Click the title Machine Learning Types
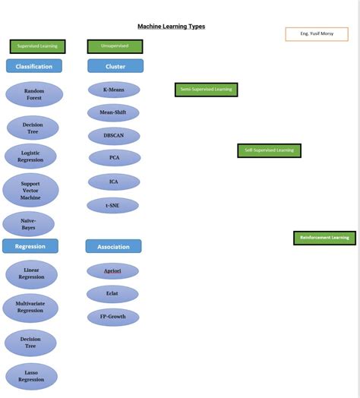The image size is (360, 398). tap(171, 27)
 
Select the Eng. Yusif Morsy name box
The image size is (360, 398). tap(316, 34)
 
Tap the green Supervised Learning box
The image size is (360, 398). tap(37, 46)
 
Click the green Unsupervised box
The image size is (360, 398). tap(115, 46)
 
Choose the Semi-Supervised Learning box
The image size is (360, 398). tap(206, 90)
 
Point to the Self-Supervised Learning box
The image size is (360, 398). tap(269, 150)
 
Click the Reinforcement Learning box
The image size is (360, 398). tap(324, 238)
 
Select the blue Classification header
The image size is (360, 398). tap(34, 67)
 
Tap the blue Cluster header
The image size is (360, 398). tap(115, 66)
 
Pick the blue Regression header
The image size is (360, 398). tap(30, 246)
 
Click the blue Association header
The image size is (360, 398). tap(113, 247)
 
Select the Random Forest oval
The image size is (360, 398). tap(33, 94)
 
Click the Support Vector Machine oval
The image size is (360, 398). tap(30, 191)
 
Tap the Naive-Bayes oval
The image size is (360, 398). tap(29, 224)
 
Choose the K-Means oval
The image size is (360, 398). tap(114, 90)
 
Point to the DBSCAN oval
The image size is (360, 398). tap(114, 135)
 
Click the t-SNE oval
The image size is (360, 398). tap(112, 205)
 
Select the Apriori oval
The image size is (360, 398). tap(112, 271)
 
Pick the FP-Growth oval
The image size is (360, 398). tap(113, 317)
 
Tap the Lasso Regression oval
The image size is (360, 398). tap(31, 376)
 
